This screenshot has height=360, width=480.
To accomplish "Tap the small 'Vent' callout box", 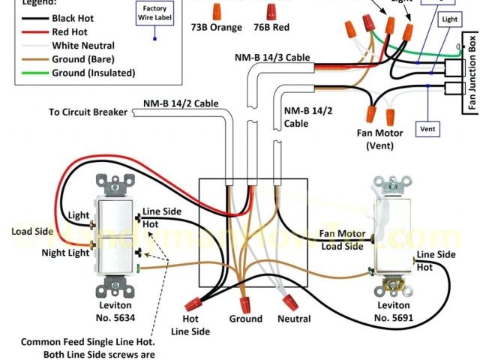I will (427, 129).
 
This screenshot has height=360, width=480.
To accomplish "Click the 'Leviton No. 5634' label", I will (115, 312).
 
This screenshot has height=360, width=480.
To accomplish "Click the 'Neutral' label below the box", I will (293, 319).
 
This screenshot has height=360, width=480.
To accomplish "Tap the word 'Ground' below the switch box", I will (246, 319).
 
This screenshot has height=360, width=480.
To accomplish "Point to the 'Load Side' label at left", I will (32, 231).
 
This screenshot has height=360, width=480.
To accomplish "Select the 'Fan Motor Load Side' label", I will (342, 239).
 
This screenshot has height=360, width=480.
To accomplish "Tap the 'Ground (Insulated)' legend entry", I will (93, 73).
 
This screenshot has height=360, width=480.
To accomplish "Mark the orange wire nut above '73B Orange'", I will (216, 10).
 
